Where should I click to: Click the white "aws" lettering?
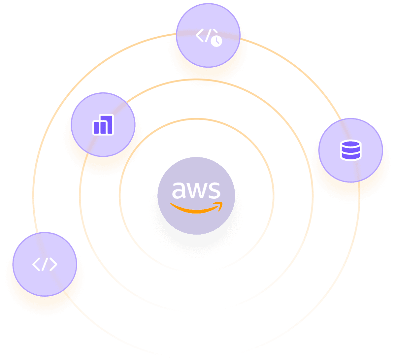tap(196, 190)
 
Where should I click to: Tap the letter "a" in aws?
tap(179, 190)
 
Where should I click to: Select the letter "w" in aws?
tap(196, 191)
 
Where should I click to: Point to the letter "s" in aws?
tap(214, 190)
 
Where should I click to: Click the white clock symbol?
tap(216, 41)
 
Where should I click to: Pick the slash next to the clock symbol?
tap(208, 35)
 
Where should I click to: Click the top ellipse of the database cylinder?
tap(350, 144)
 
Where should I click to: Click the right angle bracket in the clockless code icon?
tap(53, 264)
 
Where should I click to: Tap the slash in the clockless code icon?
tap(45, 264)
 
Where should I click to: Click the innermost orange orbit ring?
tap(274, 195)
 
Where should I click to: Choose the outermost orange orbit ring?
tap(33, 195)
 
